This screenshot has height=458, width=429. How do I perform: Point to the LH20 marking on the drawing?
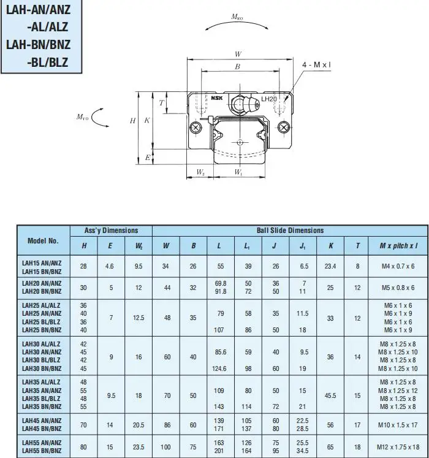[x=268, y=99]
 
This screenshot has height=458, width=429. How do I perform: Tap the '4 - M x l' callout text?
[x=317, y=64]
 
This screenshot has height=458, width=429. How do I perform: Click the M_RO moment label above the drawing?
[x=238, y=18]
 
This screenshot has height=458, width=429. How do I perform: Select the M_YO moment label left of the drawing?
[x=82, y=116]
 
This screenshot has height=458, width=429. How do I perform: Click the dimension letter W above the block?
[x=238, y=54]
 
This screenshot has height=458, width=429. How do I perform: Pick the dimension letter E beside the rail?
[x=147, y=158]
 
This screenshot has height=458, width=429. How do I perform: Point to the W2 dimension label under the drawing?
[x=200, y=173]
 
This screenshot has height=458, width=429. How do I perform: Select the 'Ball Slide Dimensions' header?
[x=290, y=231]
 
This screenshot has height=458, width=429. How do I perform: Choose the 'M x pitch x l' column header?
[x=398, y=246]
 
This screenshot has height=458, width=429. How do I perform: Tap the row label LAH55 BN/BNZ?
[x=41, y=451]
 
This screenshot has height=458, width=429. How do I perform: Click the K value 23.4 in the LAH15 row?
[x=330, y=266]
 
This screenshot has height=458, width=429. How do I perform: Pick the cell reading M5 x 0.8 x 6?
[x=398, y=287]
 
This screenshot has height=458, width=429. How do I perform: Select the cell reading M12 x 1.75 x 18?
[x=398, y=447]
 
